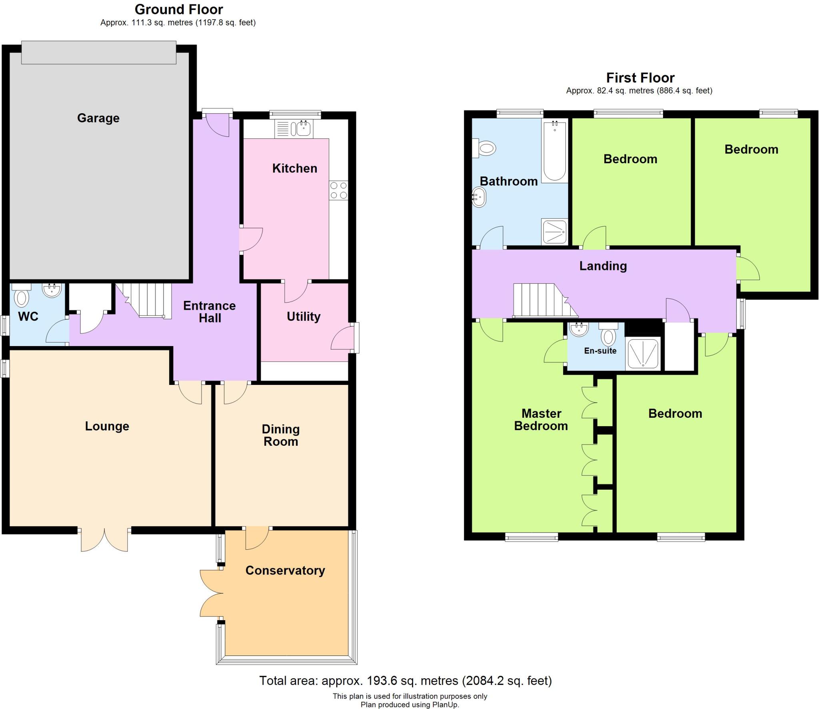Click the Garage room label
pos(98,118)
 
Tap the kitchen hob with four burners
pos(338,190)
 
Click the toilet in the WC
pos(21,296)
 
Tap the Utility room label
pos(304,316)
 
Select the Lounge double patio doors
pos(104,540)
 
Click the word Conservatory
pos(285,570)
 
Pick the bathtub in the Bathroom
pos(555,151)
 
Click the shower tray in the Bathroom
pos(555,232)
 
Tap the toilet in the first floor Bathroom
pos(485,148)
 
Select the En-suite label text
pos(600,351)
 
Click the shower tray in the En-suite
pos(643,354)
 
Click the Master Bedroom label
pos(541,419)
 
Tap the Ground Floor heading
pos(179,9)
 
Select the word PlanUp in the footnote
pos(444,705)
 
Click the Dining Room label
pos(280,435)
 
